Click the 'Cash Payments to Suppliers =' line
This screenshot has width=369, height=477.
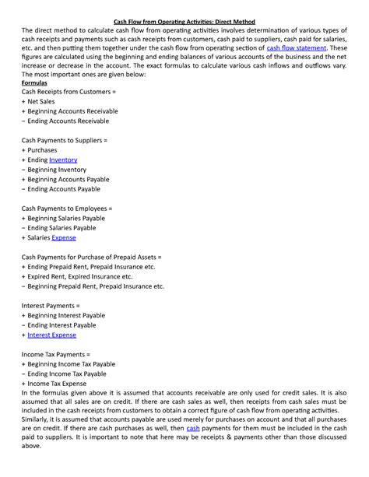point(64,140)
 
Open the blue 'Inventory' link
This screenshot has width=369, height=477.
point(63,160)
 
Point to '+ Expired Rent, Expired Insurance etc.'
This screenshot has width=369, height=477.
point(77,276)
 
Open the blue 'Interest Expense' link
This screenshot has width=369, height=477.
point(51,335)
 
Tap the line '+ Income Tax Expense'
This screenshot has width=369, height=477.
point(58,384)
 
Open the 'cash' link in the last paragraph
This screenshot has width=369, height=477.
point(193,427)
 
